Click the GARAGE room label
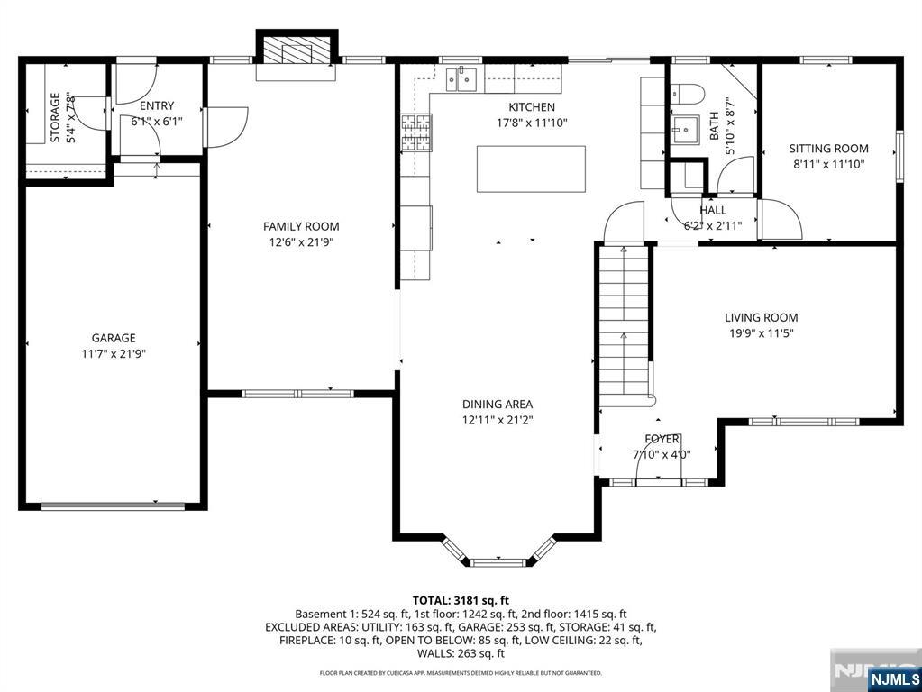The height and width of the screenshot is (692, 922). (114, 338)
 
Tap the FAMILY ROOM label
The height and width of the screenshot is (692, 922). (301, 226)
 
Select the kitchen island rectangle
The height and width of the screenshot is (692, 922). (531, 168)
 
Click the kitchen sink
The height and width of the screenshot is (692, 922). (461, 80)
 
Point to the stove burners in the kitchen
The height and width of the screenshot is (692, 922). (416, 132)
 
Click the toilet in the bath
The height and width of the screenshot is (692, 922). (687, 94)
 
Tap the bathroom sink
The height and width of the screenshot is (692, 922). (685, 129)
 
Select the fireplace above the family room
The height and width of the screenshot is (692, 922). (297, 50)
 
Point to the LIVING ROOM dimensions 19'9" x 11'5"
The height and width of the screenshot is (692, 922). (762, 333)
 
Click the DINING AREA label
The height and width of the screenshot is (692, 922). (498, 404)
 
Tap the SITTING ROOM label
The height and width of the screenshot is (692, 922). (828, 149)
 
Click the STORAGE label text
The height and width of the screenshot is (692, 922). (55, 118)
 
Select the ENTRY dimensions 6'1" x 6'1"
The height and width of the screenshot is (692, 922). (157, 122)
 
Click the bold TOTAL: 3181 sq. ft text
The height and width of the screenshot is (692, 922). (461, 600)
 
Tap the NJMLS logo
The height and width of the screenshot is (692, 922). (894, 679)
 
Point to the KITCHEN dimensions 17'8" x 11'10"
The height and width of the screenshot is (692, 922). (532, 123)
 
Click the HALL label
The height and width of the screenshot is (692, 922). (713, 210)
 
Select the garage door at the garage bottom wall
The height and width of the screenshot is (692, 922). (113, 505)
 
